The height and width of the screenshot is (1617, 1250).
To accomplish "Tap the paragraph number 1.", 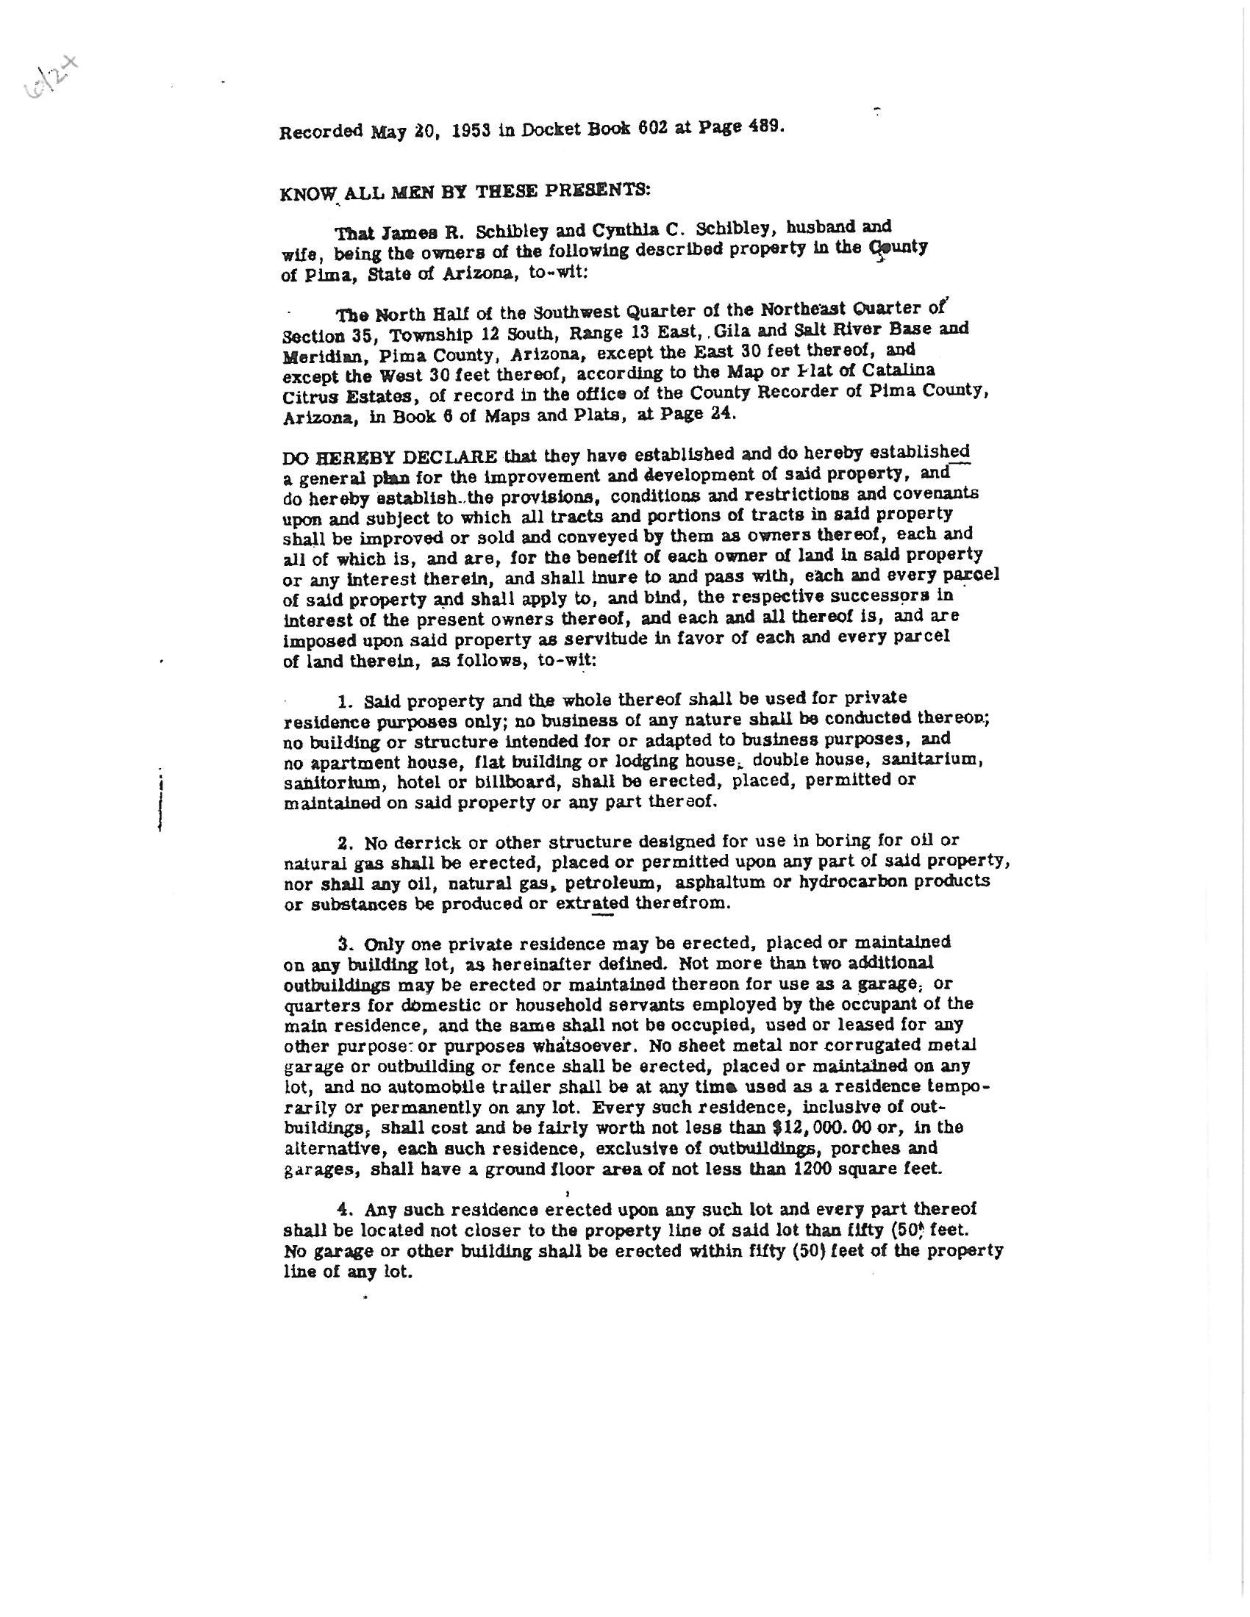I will tap(343, 700).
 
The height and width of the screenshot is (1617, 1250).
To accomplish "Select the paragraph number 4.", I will tap(343, 1209).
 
